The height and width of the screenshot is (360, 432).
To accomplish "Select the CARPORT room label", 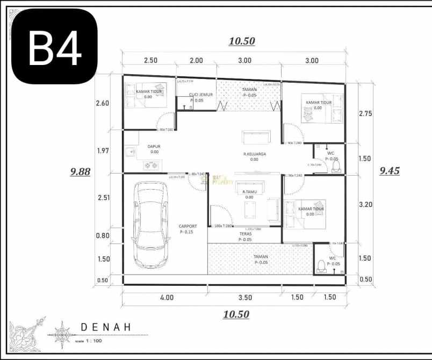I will pos(188,226).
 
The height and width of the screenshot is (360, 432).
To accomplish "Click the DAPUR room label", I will pos(154,146).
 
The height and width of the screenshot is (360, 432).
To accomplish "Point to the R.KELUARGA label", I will pos(254,154).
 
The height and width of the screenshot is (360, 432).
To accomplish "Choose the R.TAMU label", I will pos(249,192).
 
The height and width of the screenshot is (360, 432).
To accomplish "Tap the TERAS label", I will pos(246,234).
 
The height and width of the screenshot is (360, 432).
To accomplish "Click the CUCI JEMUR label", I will pos(200,95).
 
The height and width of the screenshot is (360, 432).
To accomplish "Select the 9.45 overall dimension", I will pos(390,171).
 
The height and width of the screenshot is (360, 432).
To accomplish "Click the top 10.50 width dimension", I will pos(242,41).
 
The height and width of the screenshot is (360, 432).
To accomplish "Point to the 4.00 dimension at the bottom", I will pos(167,297).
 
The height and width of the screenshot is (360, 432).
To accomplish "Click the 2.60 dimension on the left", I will pos(103,103).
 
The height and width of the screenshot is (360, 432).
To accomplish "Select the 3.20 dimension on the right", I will pos(365,204).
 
